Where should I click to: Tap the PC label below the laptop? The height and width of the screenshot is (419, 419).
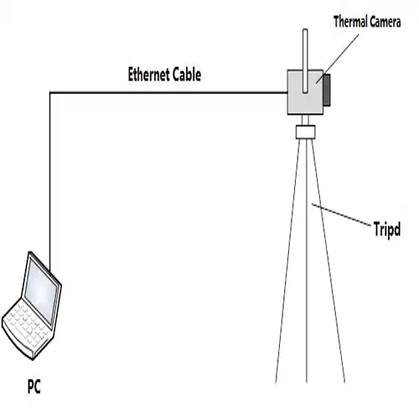pyautogui.click(x=34, y=388)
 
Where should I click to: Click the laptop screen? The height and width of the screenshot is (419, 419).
pyautogui.click(x=42, y=289)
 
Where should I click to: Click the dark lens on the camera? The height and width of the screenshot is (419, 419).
pyautogui.click(x=326, y=90)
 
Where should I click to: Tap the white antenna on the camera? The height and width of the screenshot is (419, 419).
pyautogui.click(x=305, y=50)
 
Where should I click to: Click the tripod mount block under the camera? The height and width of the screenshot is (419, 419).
pyautogui.click(x=306, y=131)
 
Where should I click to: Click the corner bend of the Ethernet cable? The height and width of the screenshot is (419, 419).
pyautogui.click(x=50, y=92)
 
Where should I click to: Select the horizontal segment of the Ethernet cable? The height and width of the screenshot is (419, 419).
pyautogui.click(x=168, y=91)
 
